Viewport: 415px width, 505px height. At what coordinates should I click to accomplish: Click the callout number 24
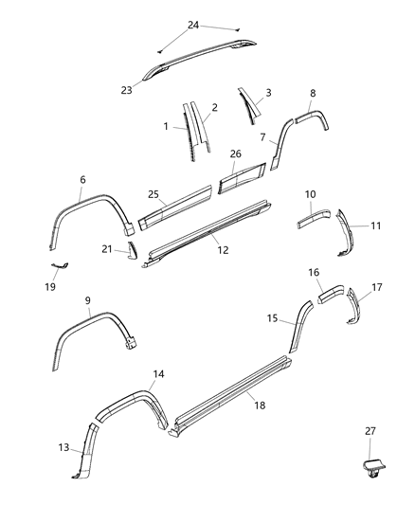[x=193, y=25]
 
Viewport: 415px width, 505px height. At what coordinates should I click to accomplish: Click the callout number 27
[x=370, y=431]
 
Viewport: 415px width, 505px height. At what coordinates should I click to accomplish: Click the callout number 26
[x=235, y=153]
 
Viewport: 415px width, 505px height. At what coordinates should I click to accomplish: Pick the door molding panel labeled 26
[x=244, y=177]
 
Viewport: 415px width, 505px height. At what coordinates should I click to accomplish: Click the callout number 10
[x=310, y=194]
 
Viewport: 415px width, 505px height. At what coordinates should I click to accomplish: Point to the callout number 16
[x=314, y=272]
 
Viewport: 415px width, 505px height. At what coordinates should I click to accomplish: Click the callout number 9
[x=87, y=300]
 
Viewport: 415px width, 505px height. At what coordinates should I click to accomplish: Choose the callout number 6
[x=82, y=179]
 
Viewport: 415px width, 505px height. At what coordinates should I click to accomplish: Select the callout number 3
[x=268, y=92]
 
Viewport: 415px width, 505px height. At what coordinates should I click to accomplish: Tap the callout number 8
[x=313, y=94]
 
